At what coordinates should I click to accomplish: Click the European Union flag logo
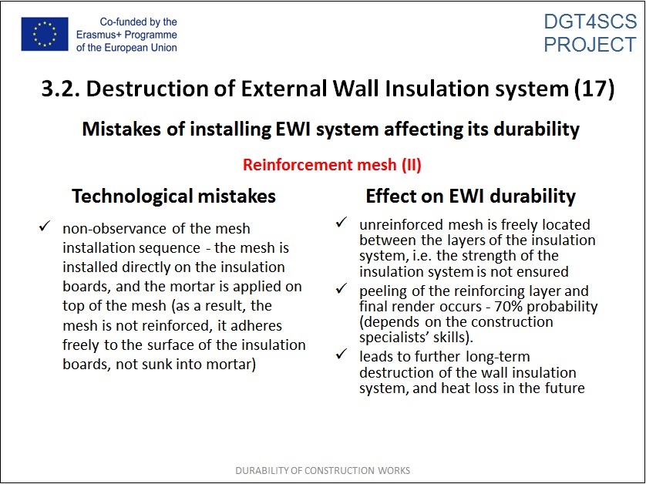pyautogui.click(x=45, y=34)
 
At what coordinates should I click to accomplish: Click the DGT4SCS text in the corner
pyautogui.click(x=590, y=22)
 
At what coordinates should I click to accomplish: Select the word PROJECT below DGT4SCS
pyautogui.click(x=590, y=45)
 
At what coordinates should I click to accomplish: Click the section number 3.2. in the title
pyautogui.click(x=61, y=89)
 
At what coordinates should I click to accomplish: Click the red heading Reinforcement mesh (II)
pyautogui.click(x=332, y=165)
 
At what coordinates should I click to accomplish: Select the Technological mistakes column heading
pyautogui.click(x=174, y=197)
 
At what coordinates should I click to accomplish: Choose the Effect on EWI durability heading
pyautogui.click(x=470, y=197)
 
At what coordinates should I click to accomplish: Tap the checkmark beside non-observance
pyautogui.click(x=45, y=226)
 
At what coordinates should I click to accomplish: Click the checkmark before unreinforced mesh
pyautogui.click(x=342, y=223)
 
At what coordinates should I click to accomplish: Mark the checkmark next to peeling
pyautogui.click(x=342, y=288)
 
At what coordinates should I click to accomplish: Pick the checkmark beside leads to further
pyautogui.click(x=342, y=354)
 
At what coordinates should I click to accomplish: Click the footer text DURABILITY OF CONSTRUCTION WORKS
pyautogui.click(x=323, y=470)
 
